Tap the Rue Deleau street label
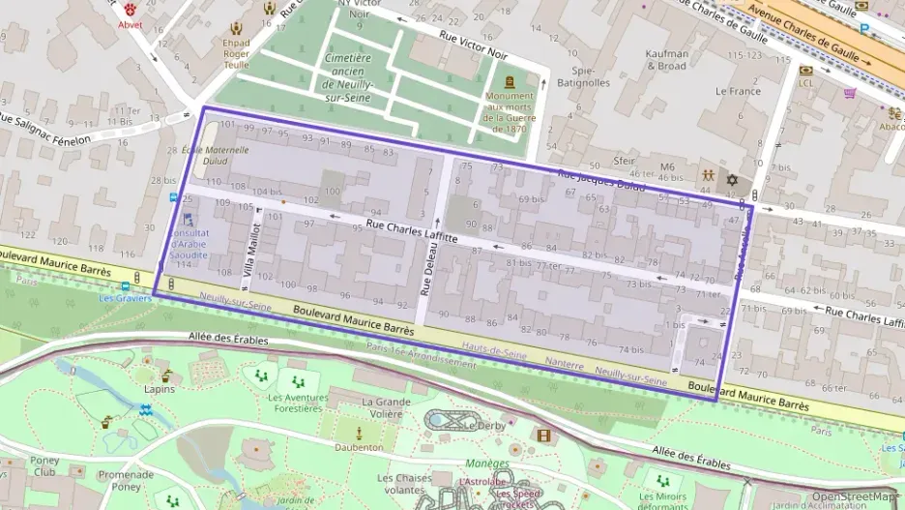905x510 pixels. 424,271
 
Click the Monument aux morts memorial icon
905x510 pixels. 509,81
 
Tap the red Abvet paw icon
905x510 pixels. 130,9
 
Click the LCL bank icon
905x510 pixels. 805,71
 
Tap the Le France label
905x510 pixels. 738,90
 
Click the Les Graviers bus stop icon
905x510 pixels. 126,286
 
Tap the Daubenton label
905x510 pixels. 359,447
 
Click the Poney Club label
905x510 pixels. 44,466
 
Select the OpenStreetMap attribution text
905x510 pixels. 852,495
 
